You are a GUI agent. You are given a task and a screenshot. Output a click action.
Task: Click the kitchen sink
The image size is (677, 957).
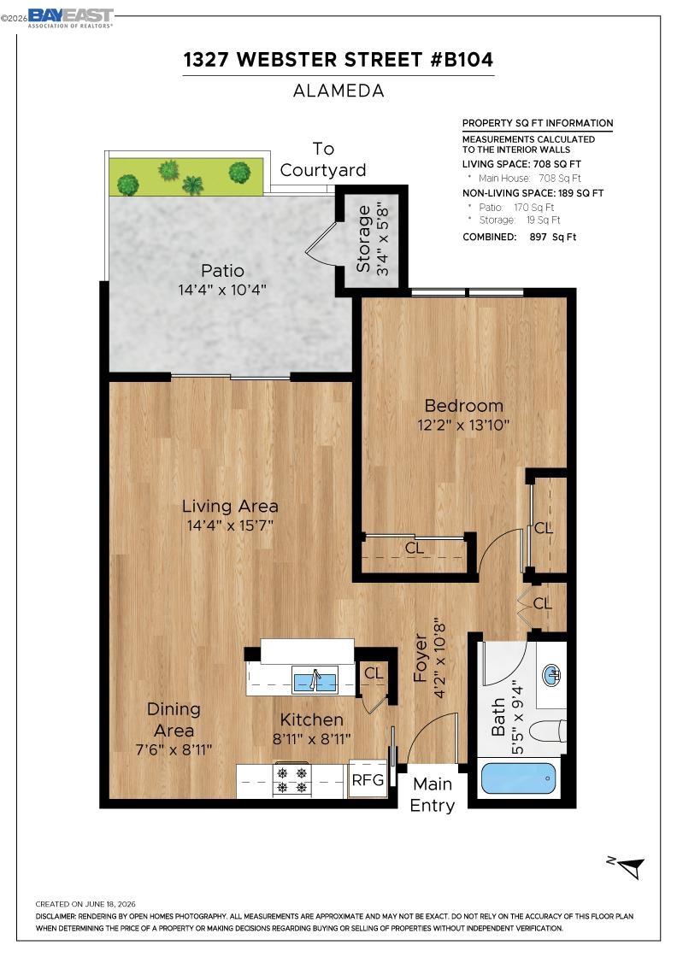pos(315,679)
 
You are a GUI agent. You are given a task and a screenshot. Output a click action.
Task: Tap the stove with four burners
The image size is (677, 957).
pos(291,780)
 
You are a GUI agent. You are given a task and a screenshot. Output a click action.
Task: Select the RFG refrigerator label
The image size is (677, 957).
pos(368,779)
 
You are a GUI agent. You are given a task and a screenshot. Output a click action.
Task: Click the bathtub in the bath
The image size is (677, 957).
pos(518,778)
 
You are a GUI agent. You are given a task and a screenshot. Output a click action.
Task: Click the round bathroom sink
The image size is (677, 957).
pos(552,675)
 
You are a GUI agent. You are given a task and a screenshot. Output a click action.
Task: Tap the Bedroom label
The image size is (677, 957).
pos(464,405)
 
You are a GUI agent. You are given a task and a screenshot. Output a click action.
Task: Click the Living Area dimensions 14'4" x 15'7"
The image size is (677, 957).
pos(230,525)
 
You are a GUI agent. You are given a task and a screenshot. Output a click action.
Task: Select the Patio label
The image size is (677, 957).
pos(223,270)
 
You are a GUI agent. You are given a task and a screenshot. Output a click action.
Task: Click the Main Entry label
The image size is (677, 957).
pos(433,795)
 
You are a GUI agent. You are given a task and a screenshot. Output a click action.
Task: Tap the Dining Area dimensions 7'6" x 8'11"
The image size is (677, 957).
pos(174,749)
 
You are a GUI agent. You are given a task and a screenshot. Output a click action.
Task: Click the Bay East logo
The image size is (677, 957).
pos(70,18)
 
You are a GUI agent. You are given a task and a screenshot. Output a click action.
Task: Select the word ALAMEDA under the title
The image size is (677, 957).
pos(338,91)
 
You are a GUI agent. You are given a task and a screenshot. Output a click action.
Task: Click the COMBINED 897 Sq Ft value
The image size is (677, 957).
pos(553,237)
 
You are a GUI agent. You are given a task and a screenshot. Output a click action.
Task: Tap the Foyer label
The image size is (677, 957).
pos(420,658)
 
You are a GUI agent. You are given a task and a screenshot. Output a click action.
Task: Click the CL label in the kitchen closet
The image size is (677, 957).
pos(374,672)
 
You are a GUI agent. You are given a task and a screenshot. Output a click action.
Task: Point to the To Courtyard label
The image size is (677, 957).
pos(323,159)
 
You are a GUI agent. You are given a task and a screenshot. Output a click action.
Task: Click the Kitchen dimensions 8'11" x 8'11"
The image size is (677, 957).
pos(311,739)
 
